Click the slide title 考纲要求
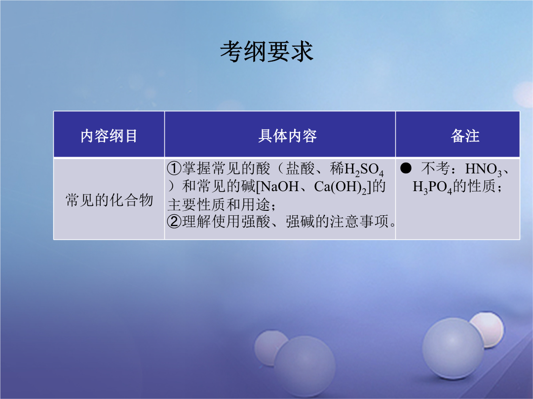(266, 52)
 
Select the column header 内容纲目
(109, 136)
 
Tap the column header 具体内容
(287, 136)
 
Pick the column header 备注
(465, 136)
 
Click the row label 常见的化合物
(109, 200)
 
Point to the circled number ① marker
(174, 168)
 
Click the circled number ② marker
(174, 222)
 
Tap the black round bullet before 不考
(406, 168)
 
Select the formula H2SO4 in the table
(364, 169)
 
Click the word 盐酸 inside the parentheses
(300, 168)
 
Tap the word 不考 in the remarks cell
(435, 168)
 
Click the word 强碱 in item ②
(300, 222)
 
